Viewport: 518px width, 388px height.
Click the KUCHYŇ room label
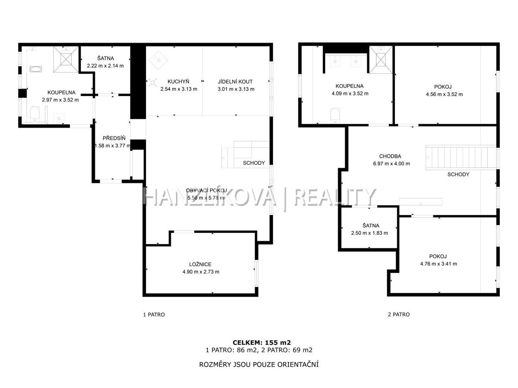[178, 81]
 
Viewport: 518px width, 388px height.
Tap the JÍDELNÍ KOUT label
[235, 81]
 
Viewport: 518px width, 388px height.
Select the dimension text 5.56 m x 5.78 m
[205, 198]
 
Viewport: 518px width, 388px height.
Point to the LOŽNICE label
[200, 264]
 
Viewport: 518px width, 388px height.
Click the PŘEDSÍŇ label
[114, 138]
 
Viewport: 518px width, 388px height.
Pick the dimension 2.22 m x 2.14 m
[105, 66]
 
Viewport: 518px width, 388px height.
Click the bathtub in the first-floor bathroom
[36, 69]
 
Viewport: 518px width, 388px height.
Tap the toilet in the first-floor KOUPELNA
[35, 113]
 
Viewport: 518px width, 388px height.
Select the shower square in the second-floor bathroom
[381, 60]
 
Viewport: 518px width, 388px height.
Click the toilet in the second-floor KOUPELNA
[335, 115]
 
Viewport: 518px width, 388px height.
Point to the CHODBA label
[390, 156]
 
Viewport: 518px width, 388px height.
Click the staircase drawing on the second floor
[461, 157]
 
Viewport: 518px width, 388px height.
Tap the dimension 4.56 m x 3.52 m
[444, 94]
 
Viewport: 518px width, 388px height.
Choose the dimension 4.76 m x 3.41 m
[439, 263]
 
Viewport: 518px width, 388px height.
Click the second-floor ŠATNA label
[371, 225]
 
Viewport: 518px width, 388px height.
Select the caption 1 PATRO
[154, 315]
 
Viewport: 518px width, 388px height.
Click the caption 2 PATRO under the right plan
[398, 314]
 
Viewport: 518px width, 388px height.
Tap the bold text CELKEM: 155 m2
[262, 343]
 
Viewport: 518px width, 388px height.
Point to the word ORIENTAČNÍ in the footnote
[298, 364]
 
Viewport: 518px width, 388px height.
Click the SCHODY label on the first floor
[254, 163]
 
